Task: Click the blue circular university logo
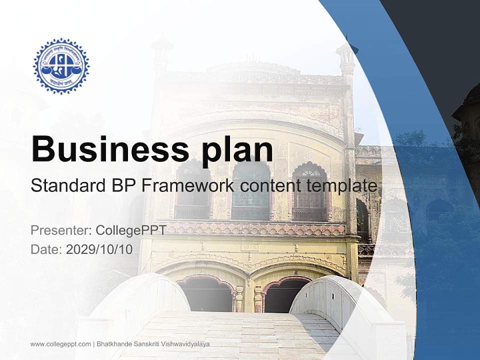coord(61,65)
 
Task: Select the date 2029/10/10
coord(99,249)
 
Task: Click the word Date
coord(45,249)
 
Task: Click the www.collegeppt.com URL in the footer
coord(60,344)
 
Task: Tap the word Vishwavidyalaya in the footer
coord(185,344)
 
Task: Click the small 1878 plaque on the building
coord(248,247)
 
